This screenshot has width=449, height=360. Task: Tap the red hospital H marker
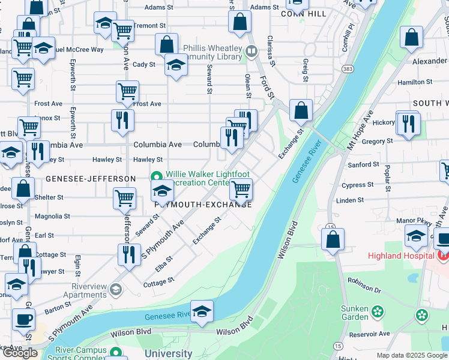(443, 256)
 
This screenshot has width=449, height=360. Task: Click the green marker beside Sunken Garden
(377, 311)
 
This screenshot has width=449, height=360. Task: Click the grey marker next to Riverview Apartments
(115, 290)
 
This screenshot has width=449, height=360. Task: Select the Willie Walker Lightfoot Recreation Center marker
(157, 176)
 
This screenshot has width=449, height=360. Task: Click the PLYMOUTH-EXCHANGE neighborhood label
(203, 204)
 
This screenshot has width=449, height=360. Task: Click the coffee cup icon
(23, 318)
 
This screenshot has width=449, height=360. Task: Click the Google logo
(20, 353)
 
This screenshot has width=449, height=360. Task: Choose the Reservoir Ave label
(370, 334)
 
